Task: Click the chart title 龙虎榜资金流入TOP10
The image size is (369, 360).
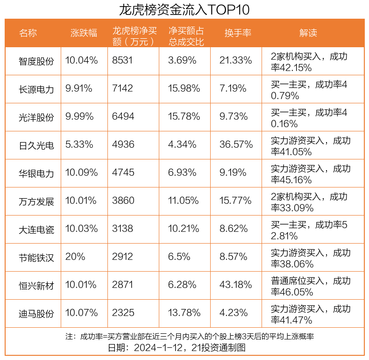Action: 184,9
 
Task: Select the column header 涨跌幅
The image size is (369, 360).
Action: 84,33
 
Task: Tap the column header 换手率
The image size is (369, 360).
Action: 238,33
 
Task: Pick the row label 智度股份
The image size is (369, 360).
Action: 36,61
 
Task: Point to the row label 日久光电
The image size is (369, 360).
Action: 36,145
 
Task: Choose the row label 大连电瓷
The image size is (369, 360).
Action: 36,229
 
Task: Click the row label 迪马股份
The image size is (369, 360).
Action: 36,313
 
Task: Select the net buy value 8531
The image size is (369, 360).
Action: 123,60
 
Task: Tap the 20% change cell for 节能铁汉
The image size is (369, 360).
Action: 75,257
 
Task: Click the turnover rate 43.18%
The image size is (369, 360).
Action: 236,285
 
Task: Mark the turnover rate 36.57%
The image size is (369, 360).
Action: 236,144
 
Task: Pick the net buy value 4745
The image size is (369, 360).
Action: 123,173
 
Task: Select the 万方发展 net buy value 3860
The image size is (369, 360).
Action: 123,201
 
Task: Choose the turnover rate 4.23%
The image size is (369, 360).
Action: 234,313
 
